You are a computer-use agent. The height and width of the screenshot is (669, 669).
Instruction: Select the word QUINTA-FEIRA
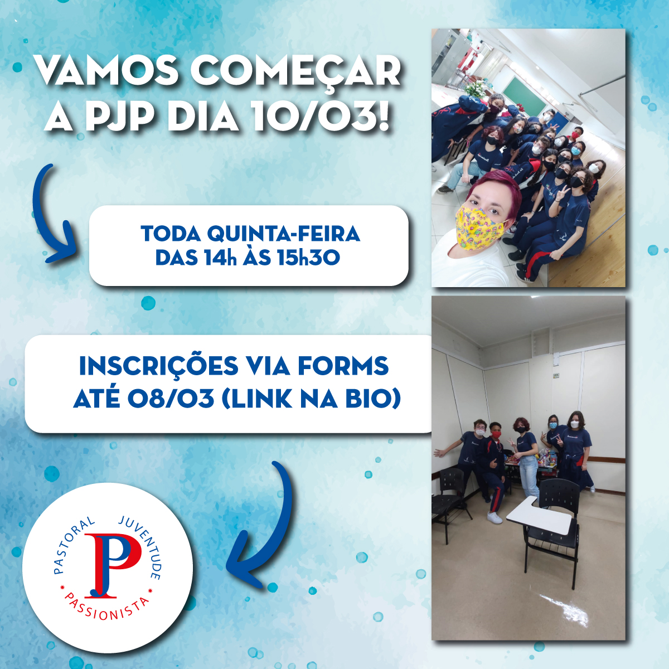click(284, 234)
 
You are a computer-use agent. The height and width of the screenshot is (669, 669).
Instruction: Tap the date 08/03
click(171, 399)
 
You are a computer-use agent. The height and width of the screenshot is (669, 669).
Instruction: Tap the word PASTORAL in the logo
click(71, 544)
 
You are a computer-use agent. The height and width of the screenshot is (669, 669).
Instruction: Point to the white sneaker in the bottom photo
click(495, 517)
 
